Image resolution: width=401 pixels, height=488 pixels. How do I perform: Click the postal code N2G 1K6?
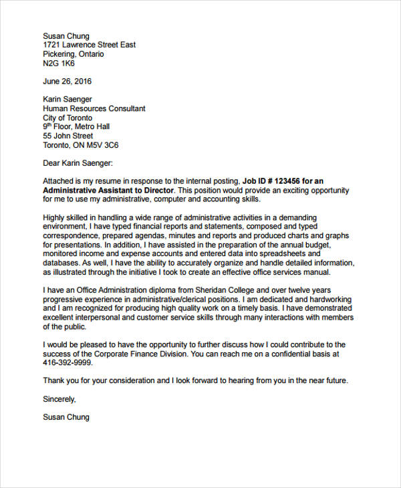(x=59, y=64)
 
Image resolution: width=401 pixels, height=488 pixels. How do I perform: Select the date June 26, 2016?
(x=68, y=81)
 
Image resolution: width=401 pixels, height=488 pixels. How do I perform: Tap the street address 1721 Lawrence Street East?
(x=89, y=45)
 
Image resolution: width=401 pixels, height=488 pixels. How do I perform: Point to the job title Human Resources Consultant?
(x=94, y=108)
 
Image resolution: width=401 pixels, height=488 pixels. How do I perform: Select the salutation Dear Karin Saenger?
(x=78, y=162)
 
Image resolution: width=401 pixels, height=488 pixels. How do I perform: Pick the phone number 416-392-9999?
(x=68, y=363)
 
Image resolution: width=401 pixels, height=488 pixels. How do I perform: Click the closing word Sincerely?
(x=59, y=399)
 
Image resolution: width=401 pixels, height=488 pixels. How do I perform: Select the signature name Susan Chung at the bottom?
(x=65, y=416)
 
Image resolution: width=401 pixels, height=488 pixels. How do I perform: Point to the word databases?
(x=62, y=263)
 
